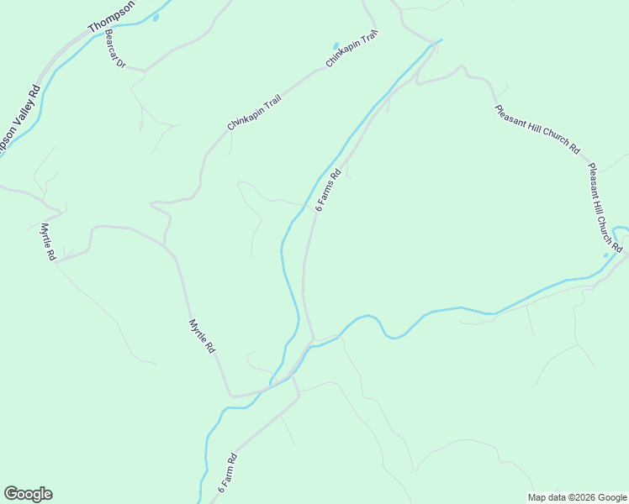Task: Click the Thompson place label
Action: (x=111, y=14)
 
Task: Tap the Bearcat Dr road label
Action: (x=115, y=50)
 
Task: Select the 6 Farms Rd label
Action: (x=328, y=191)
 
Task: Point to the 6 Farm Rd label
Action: (x=228, y=474)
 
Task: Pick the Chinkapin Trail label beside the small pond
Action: (x=352, y=50)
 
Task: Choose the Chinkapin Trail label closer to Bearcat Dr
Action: (x=254, y=113)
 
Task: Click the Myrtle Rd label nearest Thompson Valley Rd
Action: (x=48, y=241)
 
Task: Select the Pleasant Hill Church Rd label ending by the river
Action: (x=604, y=207)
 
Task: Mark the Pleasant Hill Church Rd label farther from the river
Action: (x=537, y=129)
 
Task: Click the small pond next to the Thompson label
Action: (x=155, y=17)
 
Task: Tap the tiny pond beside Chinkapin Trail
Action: (x=336, y=45)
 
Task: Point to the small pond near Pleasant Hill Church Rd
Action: (x=605, y=255)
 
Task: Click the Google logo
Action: (x=28, y=494)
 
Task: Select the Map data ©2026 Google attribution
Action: (x=576, y=497)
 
